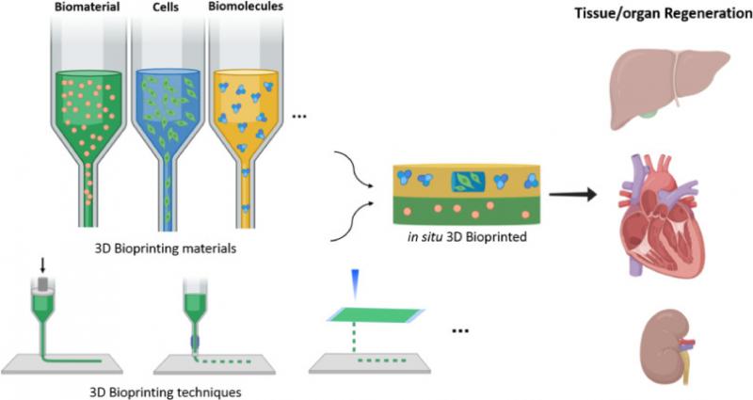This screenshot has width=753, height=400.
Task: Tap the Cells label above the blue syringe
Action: pyautogui.click(x=167, y=8)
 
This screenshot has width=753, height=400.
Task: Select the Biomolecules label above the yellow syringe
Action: pyautogui.click(x=246, y=7)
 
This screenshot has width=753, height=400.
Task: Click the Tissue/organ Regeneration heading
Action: pyautogui.click(x=664, y=13)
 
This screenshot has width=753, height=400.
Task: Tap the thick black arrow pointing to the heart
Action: pyautogui.click(x=573, y=195)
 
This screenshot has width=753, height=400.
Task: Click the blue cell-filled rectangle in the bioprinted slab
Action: pyautogui.click(x=468, y=181)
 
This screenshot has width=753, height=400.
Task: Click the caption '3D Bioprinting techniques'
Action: pyautogui.click(x=167, y=392)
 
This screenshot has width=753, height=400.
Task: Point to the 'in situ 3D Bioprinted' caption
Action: pyautogui.click(x=467, y=236)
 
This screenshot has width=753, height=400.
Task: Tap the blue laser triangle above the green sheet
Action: pyautogui.click(x=355, y=280)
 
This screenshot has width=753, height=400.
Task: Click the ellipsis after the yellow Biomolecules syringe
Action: pyautogui.click(x=299, y=116)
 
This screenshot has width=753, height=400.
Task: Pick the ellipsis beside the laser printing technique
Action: pyautogui.click(x=460, y=330)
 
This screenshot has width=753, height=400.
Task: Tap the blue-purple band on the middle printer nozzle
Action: pyautogui.click(x=195, y=342)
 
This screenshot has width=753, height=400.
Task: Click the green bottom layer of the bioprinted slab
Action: pyautogui.click(x=467, y=210)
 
